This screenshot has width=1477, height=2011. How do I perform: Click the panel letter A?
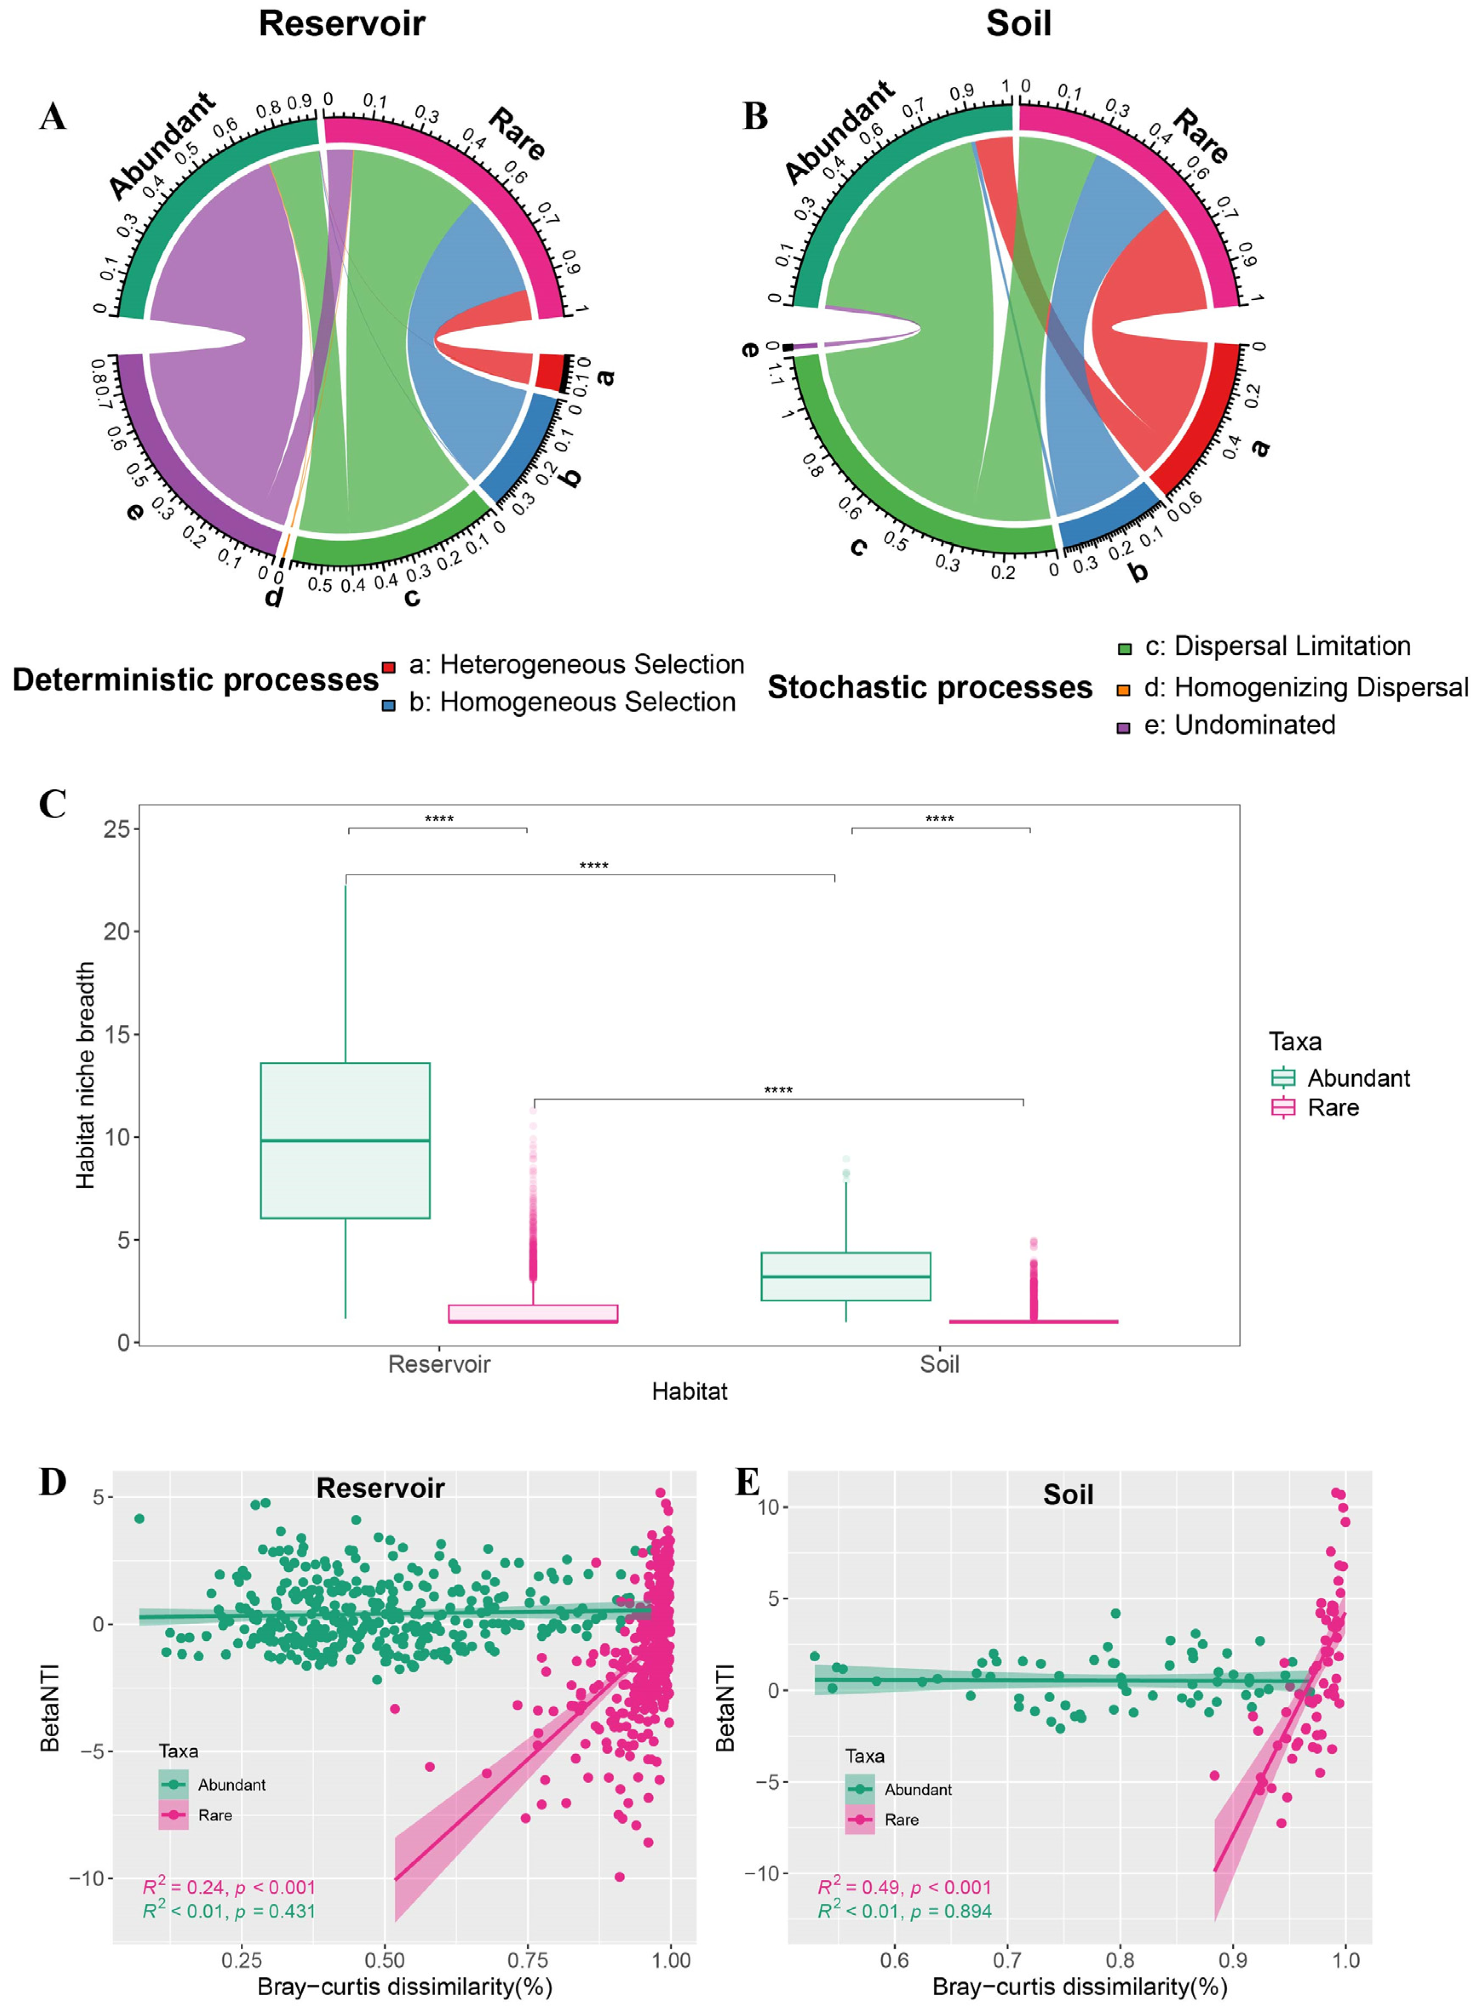[53, 116]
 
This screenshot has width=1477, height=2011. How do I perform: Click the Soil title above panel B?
[1018, 23]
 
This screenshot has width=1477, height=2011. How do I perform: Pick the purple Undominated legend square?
[1124, 728]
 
